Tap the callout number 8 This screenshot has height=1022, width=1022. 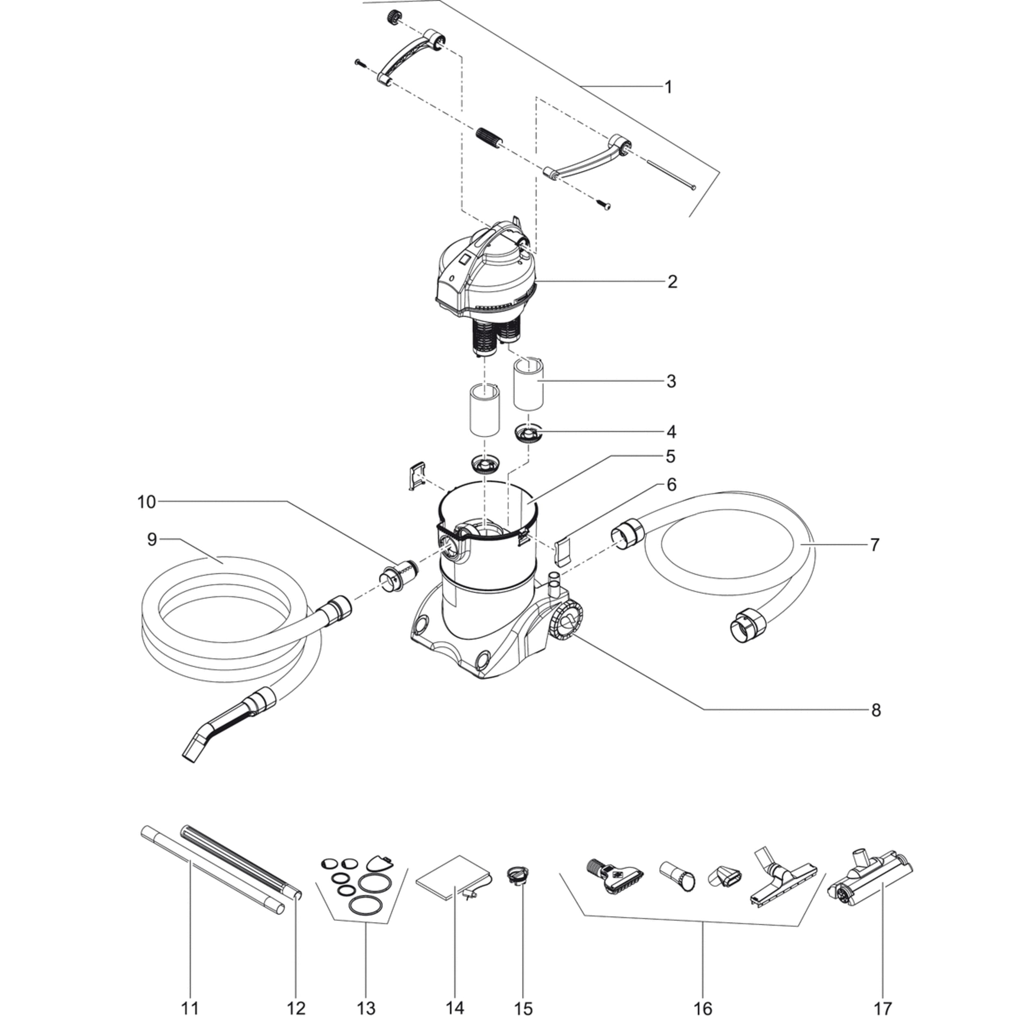pyautogui.click(x=876, y=710)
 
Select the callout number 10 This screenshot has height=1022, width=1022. pyautogui.click(x=146, y=502)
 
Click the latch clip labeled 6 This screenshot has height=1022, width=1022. pyautogui.click(x=563, y=551)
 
